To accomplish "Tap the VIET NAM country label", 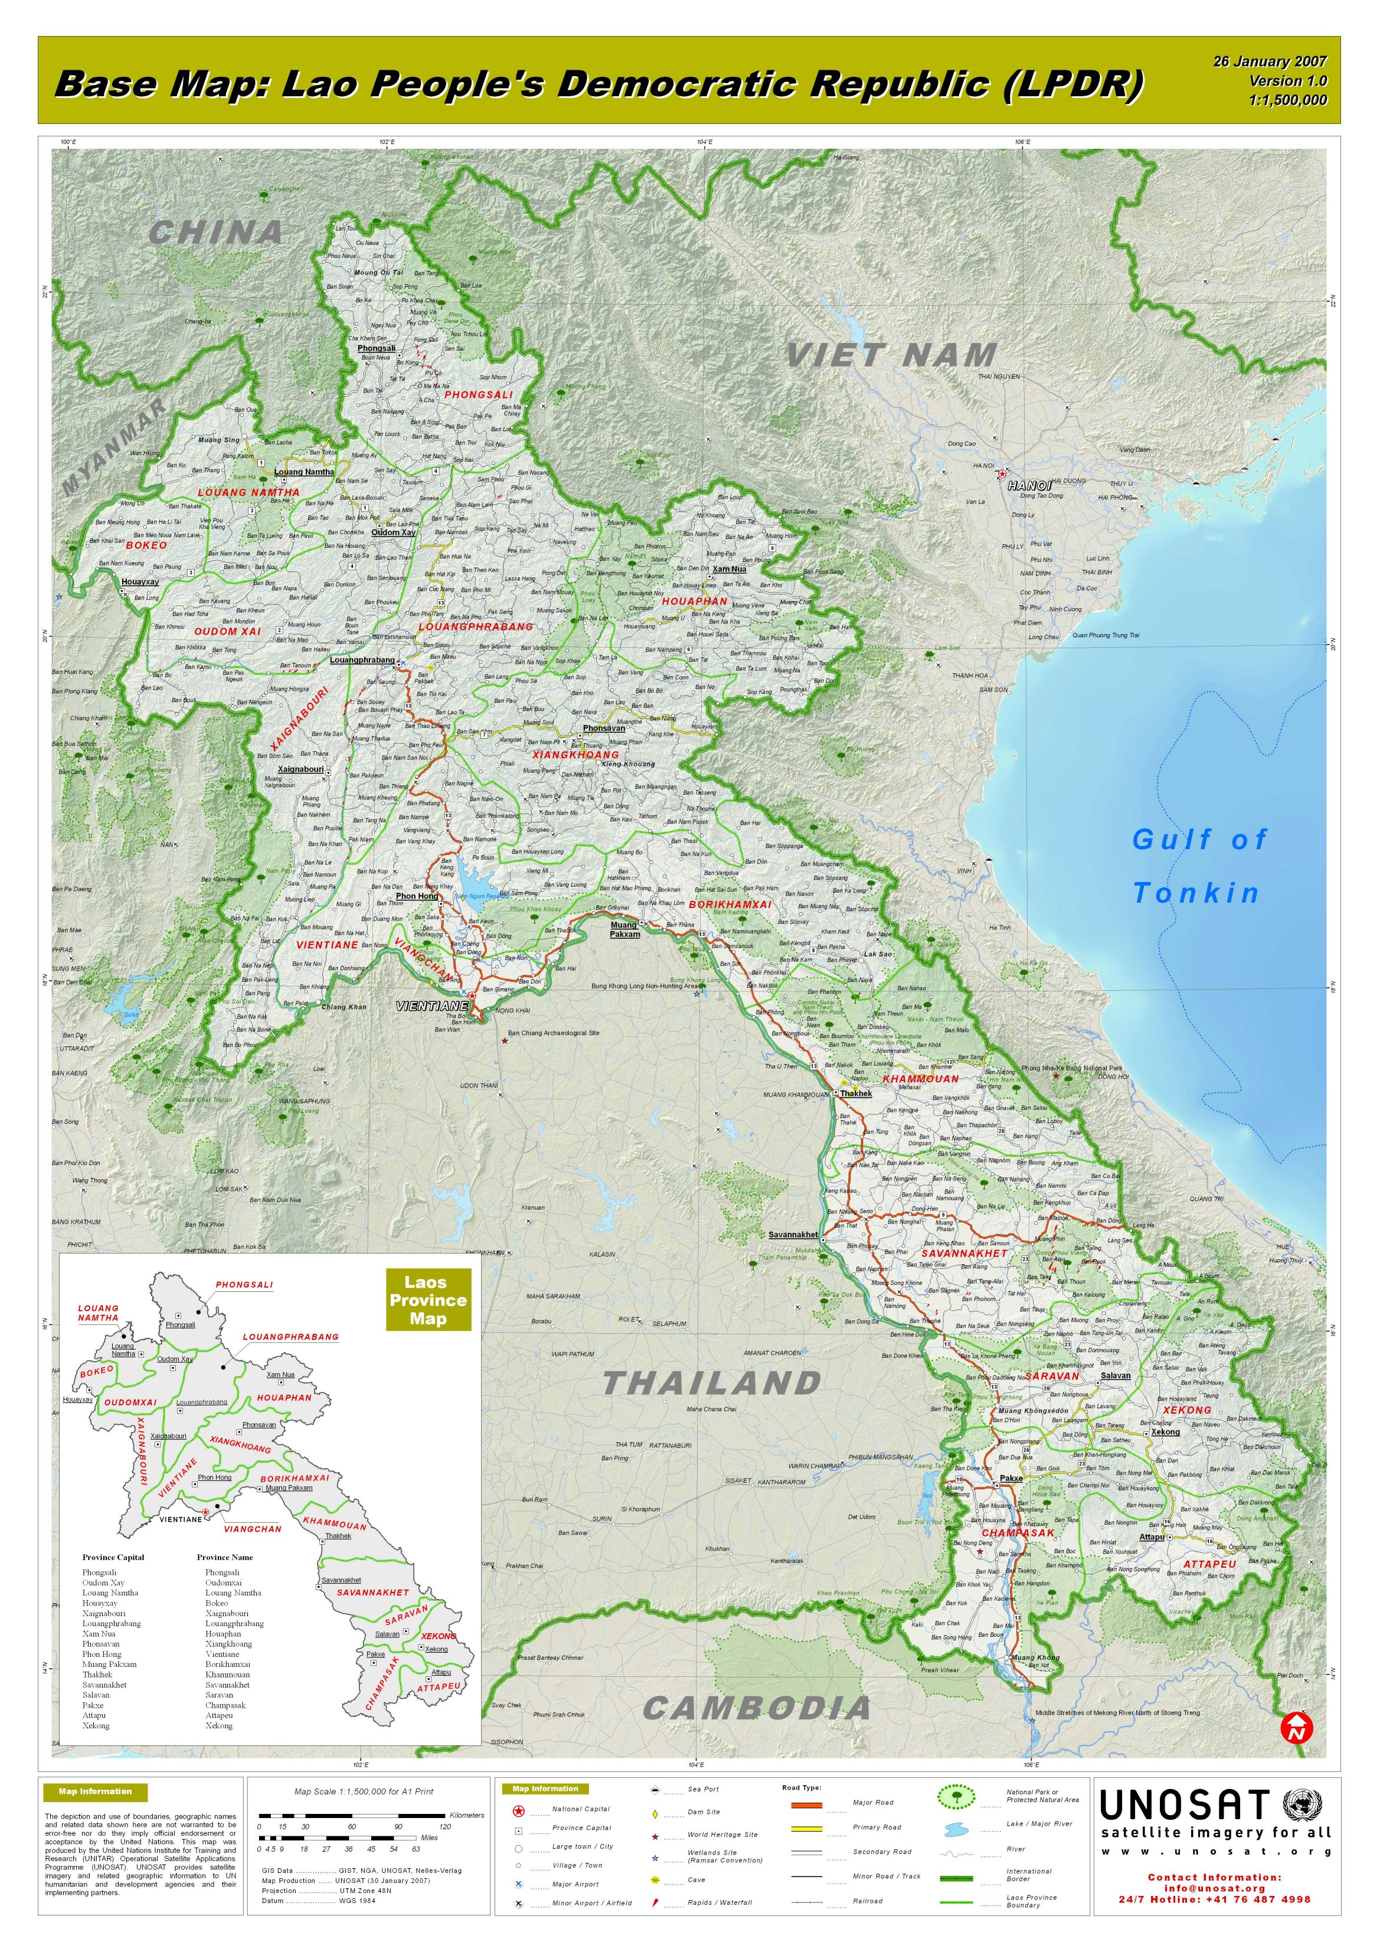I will [891, 355].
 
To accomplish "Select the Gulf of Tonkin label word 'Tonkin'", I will [1196, 893].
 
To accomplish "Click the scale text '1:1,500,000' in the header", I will [1287, 100].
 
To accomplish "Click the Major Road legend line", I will [805, 1804].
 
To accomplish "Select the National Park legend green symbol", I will [956, 1797].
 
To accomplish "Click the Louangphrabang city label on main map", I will [362, 660].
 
